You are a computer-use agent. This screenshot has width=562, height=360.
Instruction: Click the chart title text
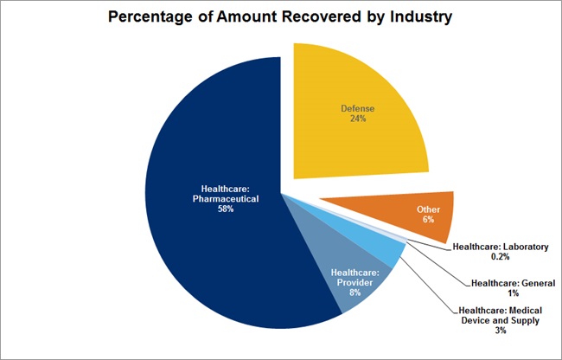[280, 18]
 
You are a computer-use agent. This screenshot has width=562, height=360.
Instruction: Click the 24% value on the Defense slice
[357, 119]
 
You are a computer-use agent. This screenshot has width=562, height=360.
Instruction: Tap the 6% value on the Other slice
[426, 221]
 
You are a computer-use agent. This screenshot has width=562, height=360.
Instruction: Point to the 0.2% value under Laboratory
[501, 258]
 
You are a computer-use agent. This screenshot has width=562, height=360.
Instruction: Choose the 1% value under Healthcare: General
[513, 294]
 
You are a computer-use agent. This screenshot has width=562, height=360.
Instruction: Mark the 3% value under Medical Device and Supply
[501, 331]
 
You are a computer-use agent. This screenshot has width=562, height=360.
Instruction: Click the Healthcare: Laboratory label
[501, 247]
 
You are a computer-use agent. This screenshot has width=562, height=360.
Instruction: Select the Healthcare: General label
[513, 283]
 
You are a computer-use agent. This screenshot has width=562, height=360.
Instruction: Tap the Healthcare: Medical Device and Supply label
[501, 315]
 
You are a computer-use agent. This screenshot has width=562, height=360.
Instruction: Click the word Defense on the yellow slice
[357, 108]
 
